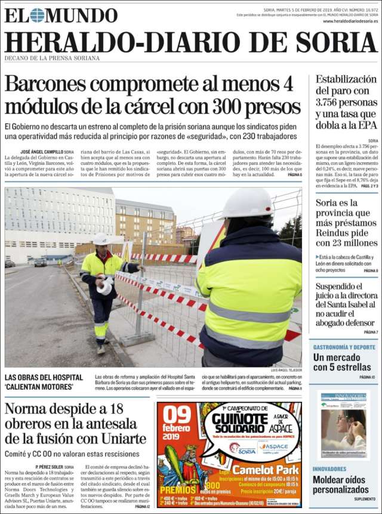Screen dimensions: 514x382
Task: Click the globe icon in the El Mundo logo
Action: point(37,15)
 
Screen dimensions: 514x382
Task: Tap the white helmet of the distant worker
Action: point(101,240)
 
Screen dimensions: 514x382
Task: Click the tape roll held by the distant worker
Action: point(104,287)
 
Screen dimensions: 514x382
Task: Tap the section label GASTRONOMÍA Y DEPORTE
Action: point(344,346)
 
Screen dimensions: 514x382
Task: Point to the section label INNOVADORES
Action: point(329,469)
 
